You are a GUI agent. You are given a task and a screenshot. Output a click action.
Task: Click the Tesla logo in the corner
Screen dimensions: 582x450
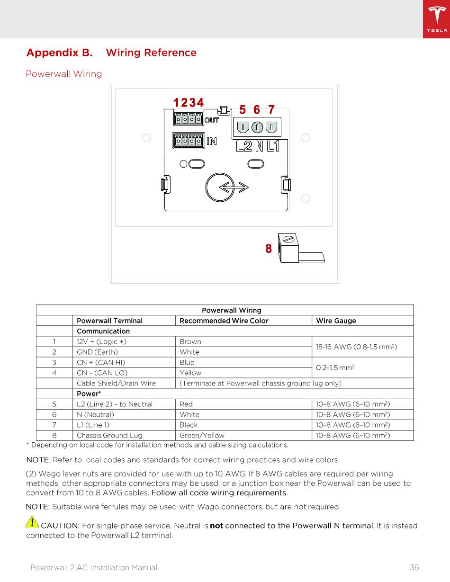pos(436,19)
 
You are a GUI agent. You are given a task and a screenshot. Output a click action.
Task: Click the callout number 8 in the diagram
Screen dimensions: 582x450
pos(269,249)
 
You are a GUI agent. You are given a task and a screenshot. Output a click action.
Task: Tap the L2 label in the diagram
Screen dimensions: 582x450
pos(244,146)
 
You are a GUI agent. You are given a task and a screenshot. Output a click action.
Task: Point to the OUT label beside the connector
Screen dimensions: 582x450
pos(211,120)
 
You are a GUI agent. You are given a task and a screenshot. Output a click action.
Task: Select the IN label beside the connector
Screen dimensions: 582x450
pos(211,141)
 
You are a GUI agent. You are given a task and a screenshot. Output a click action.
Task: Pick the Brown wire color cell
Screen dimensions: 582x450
pos(190,341)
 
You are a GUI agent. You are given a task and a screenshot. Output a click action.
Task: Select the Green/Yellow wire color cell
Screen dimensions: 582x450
pos(202,435)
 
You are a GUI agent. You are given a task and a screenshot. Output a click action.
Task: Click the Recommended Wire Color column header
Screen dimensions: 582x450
pos(224,321)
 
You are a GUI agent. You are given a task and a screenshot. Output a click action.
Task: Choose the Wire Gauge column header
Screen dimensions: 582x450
pos(336,321)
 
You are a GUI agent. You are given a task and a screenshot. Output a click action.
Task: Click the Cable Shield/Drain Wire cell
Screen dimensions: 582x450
pos(116,383)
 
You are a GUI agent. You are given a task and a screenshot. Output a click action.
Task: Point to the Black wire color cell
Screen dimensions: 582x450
pos(189,425)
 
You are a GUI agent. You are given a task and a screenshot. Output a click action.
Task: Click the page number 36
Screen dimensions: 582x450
pos(414,567)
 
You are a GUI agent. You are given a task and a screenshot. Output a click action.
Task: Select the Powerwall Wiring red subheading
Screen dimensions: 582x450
pos(64,74)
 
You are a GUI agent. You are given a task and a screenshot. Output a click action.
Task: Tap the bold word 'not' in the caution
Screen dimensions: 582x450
pos(216,526)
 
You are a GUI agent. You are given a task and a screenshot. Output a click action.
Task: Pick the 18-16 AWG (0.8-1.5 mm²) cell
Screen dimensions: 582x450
pos(356,347)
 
